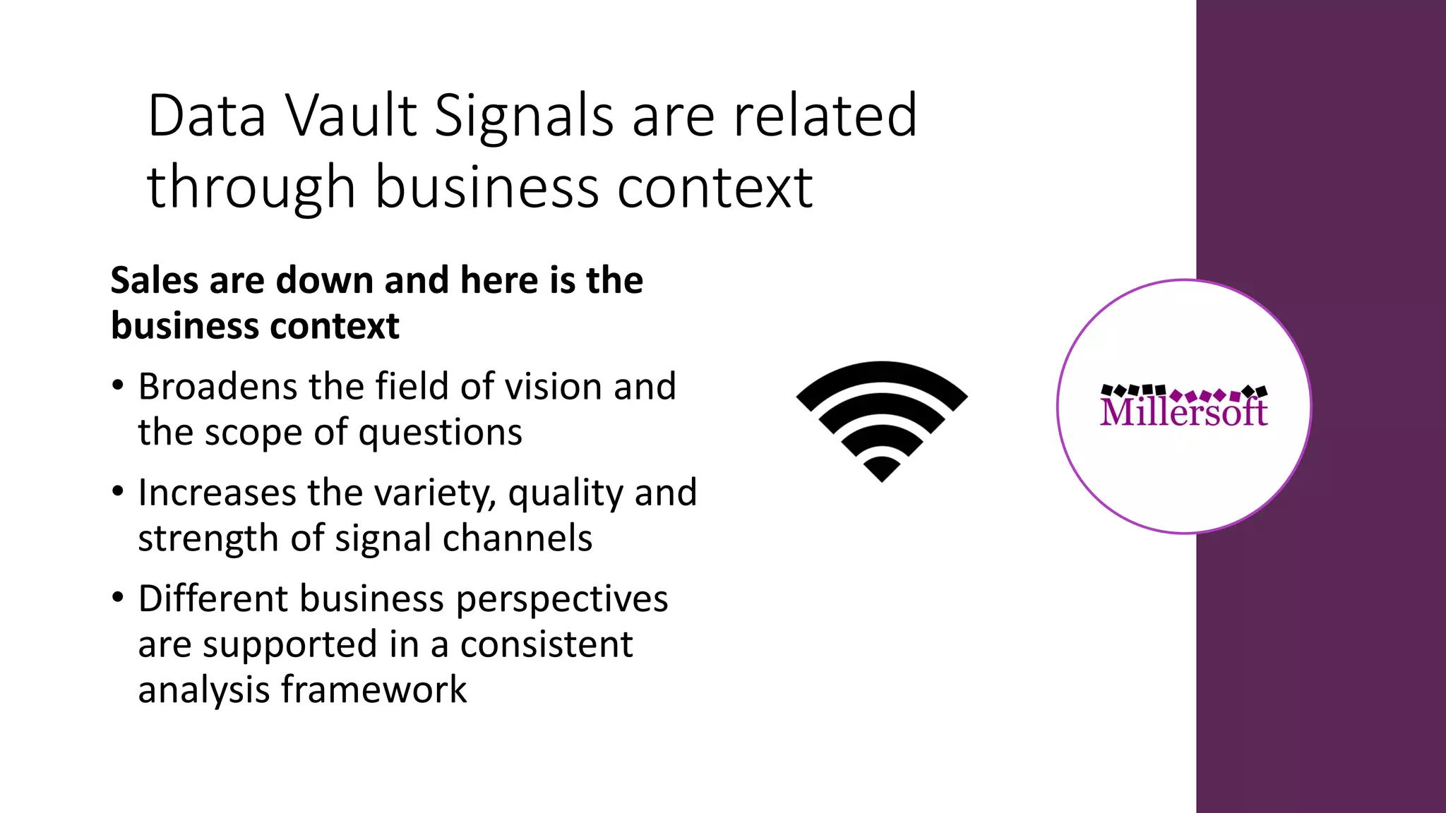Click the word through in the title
[251, 188]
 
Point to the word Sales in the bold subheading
[155, 280]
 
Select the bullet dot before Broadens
[118, 385]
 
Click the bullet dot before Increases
[118, 491]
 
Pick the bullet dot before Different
[118, 597]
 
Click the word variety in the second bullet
[436, 493]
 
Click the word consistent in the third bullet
[546, 644]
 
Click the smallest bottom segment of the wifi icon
[881, 468]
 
